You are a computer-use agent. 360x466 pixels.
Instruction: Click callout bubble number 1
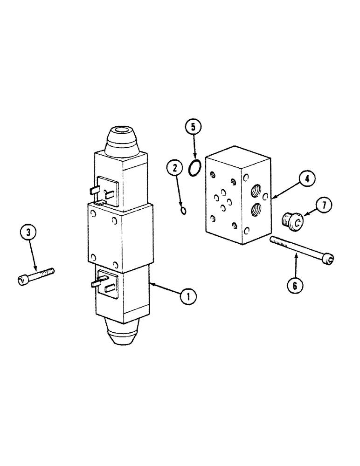point(188,296)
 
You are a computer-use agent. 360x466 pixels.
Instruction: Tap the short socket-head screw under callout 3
point(36,276)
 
